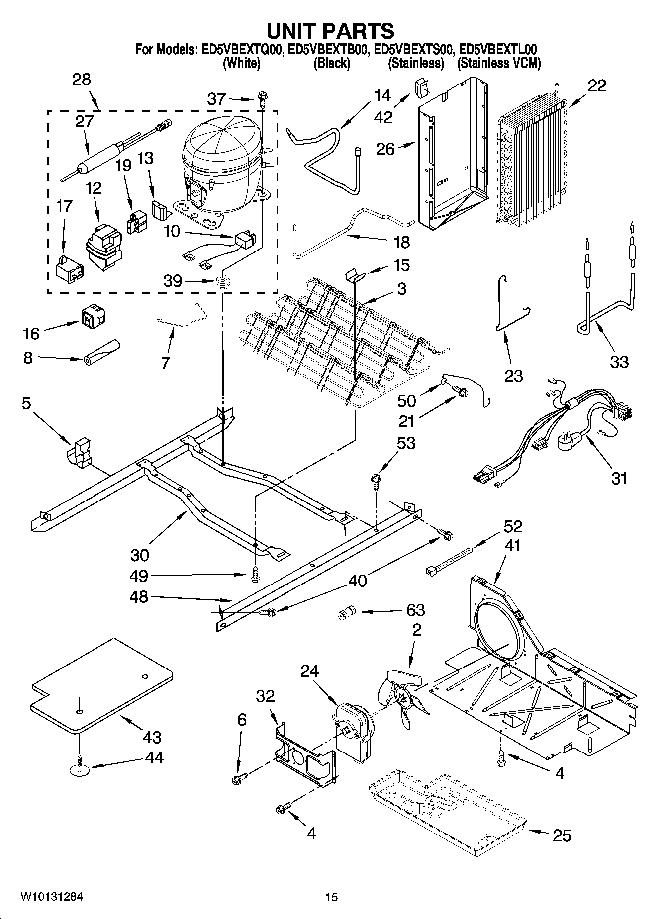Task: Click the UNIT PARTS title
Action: pyautogui.click(x=330, y=31)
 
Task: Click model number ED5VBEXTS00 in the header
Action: pyautogui.click(x=414, y=49)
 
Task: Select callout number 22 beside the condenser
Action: pyautogui.click(x=597, y=85)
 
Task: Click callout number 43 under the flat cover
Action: pyautogui.click(x=152, y=736)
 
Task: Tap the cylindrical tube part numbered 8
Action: pyautogui.click(x=102, y=352)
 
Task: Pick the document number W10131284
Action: pyautogui.click(x=51, y=897)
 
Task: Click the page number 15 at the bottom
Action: pyautogui.click(x=331, y=897)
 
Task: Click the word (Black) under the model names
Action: pyautogui.click(x=332, y=63)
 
